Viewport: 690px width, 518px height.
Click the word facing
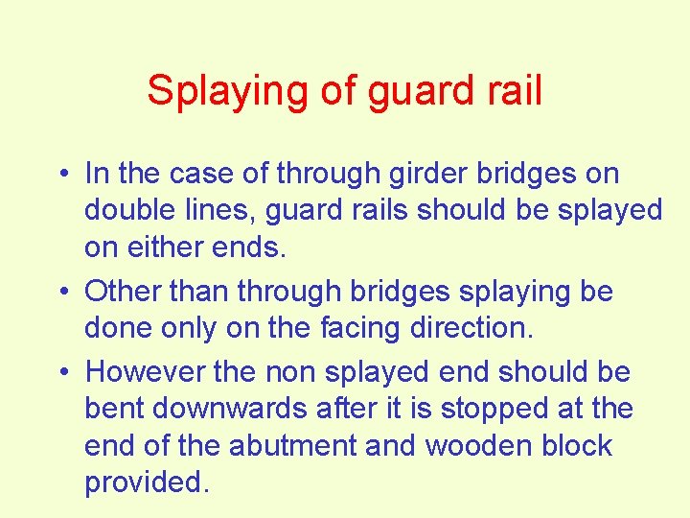click(x=354, y=328)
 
